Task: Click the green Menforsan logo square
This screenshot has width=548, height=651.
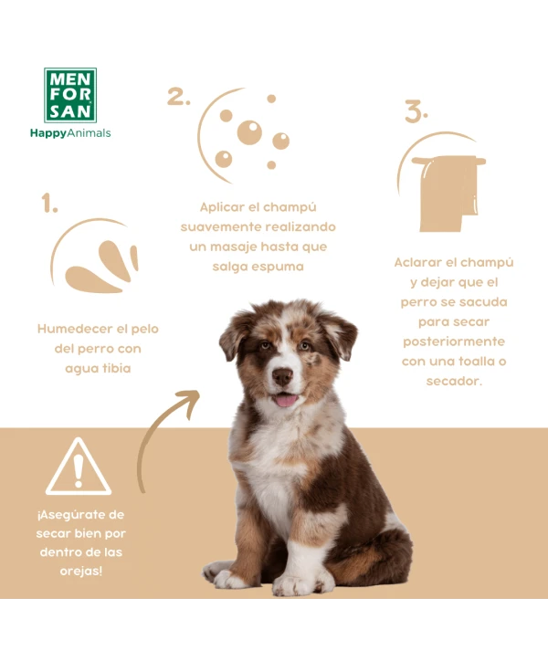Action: click(x=70, y=95)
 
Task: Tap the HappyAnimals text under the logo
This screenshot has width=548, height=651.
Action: click(x=70, y=133)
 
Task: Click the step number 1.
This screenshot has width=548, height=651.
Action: click(x=49, y=203)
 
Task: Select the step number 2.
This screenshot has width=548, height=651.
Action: click(x=179, y=96)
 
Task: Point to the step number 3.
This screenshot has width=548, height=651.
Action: click(x=416, y=111)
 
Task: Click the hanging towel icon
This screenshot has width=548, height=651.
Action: click(x=448, y=193)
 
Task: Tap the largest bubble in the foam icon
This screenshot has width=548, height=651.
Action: click(x=249, y=132)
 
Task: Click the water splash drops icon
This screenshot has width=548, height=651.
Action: click(x=101, y=267)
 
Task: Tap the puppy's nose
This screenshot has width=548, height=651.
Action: click(x=282, y=376)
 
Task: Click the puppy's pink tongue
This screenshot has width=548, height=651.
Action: click(x=286, y=401)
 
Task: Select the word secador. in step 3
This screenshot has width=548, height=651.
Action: click(x=454, y=381)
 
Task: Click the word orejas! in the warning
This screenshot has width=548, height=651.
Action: click(x=80, y=571)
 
